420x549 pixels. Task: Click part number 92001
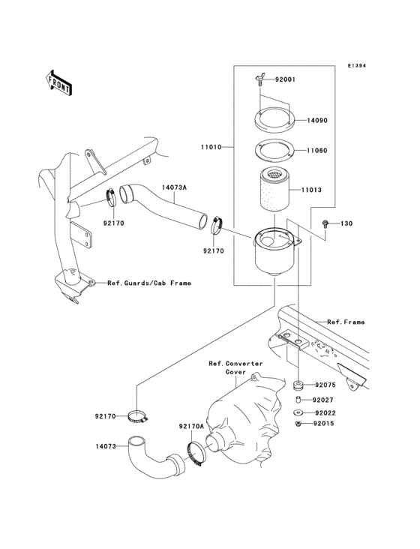[286, 79]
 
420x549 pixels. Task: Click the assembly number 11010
[211, 148]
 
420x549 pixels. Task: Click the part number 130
[346, 223]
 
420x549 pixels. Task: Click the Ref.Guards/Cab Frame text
[148, 283]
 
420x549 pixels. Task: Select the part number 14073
[106, 446]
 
